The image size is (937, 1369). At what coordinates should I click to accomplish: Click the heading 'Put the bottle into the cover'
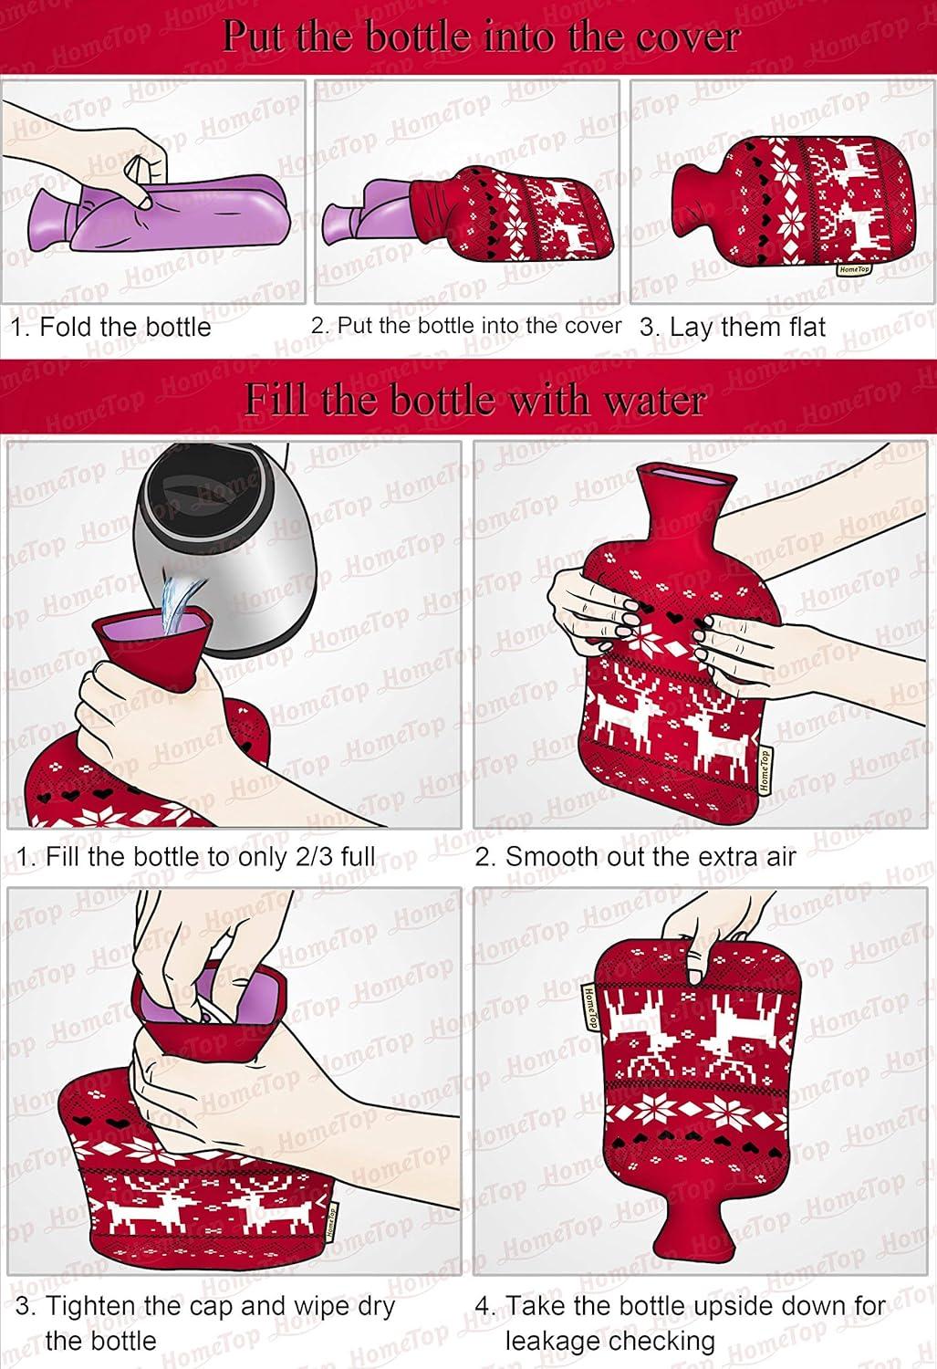pos(481,37)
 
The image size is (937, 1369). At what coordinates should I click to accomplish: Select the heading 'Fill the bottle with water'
pos(475,401)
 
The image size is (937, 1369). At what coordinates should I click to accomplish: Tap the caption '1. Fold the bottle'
pos(112,327)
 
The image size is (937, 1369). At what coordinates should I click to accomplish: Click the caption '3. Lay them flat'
pos(733,327)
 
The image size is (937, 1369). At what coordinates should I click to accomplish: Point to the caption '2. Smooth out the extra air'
pos(635,856)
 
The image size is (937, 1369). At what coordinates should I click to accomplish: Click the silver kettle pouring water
pos(227,544)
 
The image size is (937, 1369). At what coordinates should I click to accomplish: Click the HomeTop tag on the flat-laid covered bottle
pos(854,269)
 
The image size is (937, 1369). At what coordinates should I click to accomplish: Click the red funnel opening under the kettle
pos(152,630)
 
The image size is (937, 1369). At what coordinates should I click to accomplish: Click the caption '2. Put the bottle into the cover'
pos(466,326)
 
